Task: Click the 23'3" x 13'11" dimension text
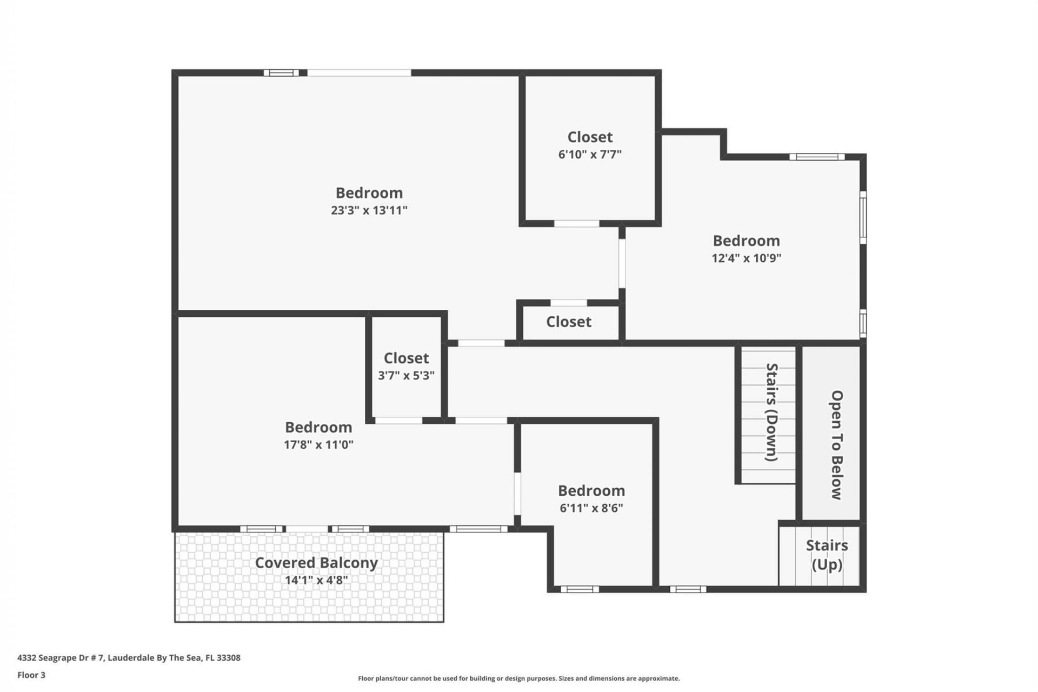[x=369, y=210]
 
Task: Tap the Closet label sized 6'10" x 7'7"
[x=590, y=137]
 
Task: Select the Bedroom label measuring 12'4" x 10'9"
[x=746, y=241]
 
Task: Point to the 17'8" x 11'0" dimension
[x=318, y=445]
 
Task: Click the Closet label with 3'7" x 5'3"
[x=406, y=358]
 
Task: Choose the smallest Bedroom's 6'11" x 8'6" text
[x=591, y=508]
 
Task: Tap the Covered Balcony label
[x=316, y=563]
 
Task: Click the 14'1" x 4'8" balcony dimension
[x=316, y=581]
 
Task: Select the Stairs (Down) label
[x=771, y=412]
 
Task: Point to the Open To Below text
[x=836, y=444]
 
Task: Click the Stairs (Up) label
[x=827, y=555]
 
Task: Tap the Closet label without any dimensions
[x=569, y=322]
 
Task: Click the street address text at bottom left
[x=129, y=658]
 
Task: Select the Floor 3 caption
[x=31, y=675]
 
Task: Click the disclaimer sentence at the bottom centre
[x=518, y=678]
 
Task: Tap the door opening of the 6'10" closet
[x=577, y=223]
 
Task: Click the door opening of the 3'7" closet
[x=398, y=421]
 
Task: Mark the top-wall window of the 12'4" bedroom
[x=817, y=157]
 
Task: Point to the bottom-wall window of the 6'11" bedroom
[x=580, y=589]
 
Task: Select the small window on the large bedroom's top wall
[x=281, y=72]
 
